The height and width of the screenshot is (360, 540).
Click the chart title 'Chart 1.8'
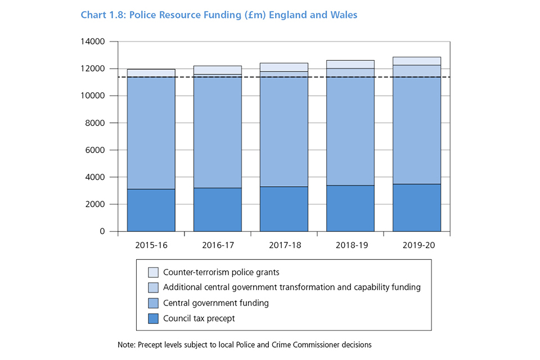coord(103,15)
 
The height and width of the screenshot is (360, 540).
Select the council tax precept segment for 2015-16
coord(151,210)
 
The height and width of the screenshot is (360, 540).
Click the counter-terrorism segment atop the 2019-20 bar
coord(416,61)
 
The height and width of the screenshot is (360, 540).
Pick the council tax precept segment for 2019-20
coord(416,208)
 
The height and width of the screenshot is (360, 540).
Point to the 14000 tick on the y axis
coord(94,42)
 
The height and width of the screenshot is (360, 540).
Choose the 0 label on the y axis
coord(102,231)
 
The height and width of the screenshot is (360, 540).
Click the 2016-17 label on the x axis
coord(217,245)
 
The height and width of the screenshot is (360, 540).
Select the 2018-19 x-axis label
coord(350,245)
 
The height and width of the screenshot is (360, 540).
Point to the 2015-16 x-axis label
coord(151,245)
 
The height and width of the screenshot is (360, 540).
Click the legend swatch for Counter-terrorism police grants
coord(154,273)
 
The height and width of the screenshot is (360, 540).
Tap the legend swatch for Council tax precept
coord(154,318)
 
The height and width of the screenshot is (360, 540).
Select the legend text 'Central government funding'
coord(215,303)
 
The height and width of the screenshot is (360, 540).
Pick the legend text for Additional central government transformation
coord(291,287)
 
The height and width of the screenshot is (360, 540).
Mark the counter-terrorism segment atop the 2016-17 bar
coord(217,70)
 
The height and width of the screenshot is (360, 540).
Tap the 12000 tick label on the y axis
coord(94,69)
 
